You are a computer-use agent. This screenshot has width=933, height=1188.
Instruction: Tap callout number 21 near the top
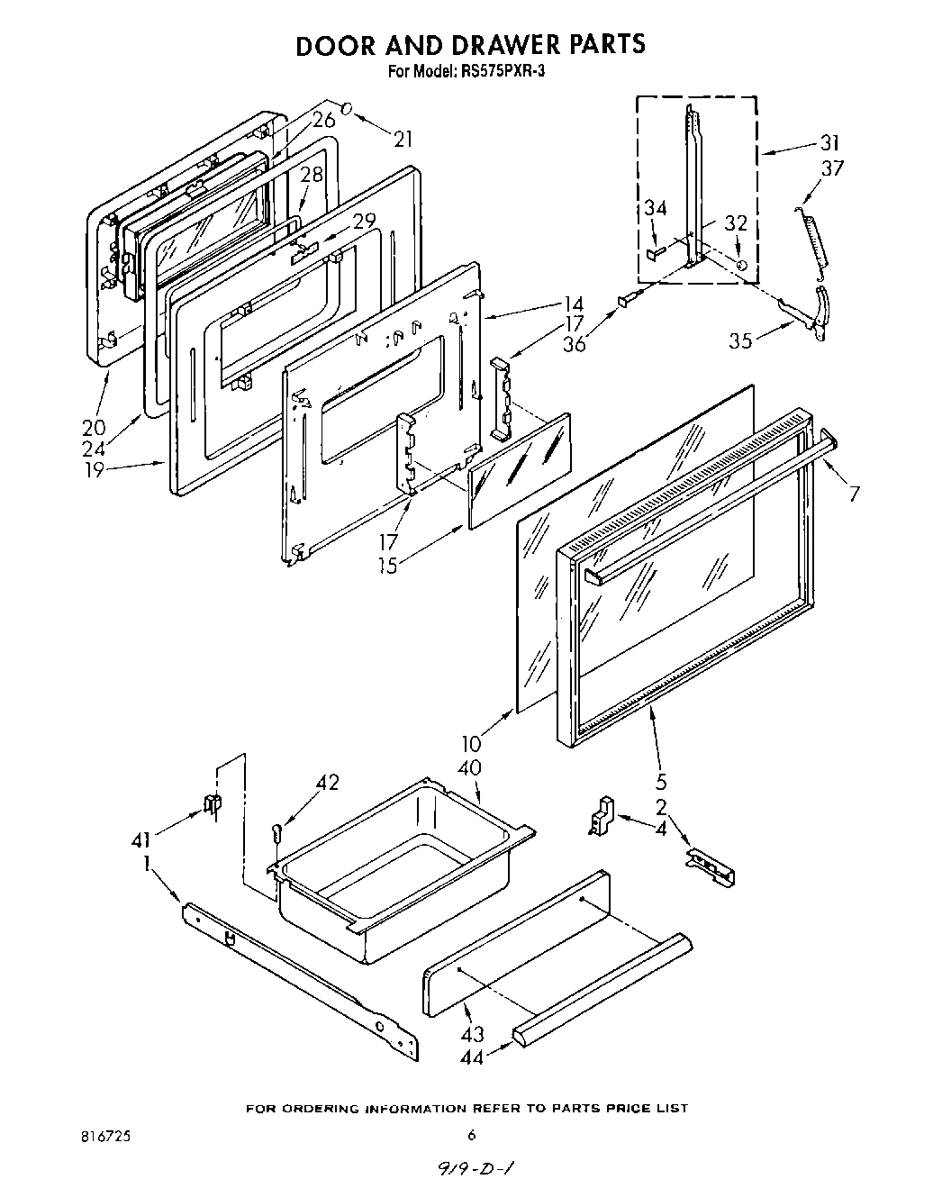pos(402,138)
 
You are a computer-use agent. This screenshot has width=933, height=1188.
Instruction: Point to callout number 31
pos(829,141)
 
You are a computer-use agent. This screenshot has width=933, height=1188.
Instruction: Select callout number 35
pos(741,341)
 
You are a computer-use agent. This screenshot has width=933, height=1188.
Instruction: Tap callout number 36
pos(573,343)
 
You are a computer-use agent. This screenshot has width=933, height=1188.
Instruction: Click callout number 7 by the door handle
pos(854,493)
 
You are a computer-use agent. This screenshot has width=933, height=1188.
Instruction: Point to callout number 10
pos(471,744)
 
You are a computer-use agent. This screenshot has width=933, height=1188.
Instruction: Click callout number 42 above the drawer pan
pos(327,783)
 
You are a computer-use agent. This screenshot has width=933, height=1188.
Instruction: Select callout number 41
pos(142,840)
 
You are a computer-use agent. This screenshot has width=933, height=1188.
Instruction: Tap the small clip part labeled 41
pos(213,804)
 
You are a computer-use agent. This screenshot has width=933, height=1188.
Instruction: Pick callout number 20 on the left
pos(93,427)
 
